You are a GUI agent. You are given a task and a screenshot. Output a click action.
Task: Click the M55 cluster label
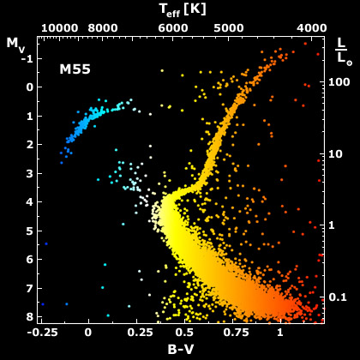[75, 68]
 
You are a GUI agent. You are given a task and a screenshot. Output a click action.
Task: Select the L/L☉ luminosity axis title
[341, 51]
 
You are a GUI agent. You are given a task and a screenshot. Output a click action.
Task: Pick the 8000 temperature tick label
[102, 27]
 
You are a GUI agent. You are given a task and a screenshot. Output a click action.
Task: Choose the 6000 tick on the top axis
[173, 27]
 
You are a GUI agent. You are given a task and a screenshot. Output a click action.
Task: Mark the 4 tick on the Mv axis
[27, 202]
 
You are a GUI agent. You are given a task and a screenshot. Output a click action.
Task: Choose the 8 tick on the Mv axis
[27, 317]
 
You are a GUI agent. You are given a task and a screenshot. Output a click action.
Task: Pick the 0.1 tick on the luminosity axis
[340, 297]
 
